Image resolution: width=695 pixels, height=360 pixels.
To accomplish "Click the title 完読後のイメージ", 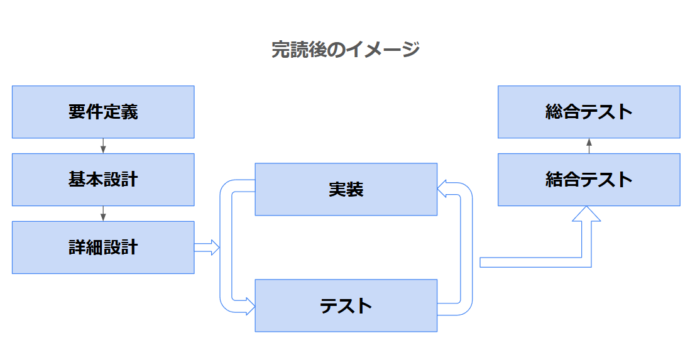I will [345, 49].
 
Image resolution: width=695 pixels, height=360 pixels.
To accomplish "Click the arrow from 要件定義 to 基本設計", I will [103, 146].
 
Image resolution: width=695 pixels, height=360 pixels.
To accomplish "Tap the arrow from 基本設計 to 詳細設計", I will [103, 214].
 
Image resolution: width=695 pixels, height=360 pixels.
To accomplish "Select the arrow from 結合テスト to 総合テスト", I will [589, 146].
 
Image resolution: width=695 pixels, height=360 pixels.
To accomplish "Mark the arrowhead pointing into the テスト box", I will [249, 308].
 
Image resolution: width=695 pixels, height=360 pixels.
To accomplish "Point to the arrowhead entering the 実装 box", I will [442, 187].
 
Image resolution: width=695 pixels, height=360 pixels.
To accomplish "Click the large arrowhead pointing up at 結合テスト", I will [586, 214].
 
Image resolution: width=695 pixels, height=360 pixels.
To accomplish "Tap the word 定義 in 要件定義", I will [121, 112].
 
